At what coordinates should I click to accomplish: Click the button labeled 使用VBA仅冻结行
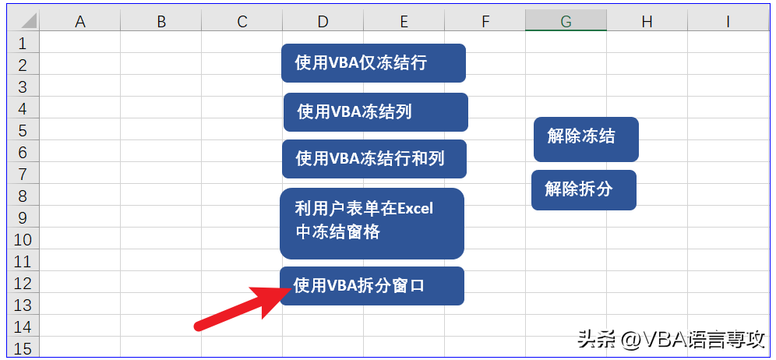(x=373, y=63)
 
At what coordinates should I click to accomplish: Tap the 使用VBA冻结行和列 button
(x=374, y=159)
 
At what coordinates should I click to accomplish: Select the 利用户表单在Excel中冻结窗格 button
(x=372, y=224)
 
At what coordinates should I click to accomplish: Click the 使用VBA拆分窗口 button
(x=372, y=286)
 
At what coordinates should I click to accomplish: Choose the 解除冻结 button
(x=586, y=139)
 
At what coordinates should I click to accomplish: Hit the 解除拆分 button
(x=584, y=190)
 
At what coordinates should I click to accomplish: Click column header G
(x=566, y=21)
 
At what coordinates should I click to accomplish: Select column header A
(x=79, y=21)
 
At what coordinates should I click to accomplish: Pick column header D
(x=323, y=21)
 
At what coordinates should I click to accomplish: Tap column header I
(x=728, y=21)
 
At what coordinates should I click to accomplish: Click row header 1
(x=23, y=43)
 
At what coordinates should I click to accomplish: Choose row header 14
(x=23, y=326)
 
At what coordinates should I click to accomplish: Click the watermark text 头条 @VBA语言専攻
(x=672, y=341)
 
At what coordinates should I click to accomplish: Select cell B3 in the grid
(x=160, y=86)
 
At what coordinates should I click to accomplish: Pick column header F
(x=485, y=21)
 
